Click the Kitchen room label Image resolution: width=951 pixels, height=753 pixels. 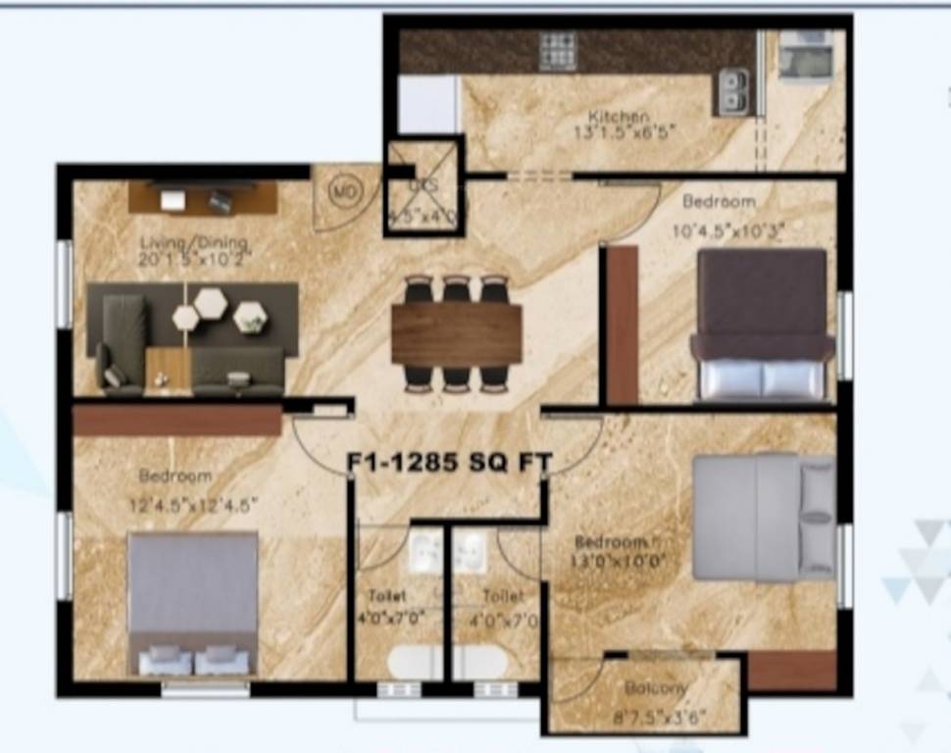tap(619, 117)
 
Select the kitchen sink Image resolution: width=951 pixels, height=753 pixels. tap(731, 92)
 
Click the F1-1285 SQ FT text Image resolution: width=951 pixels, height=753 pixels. tap(450, 462)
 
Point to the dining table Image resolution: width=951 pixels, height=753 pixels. tap(456, 333)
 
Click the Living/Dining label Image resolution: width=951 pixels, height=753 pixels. tap(193, 243)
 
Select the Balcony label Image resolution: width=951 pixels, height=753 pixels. tap(655, 688)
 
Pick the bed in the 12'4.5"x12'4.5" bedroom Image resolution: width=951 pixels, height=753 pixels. tap(193, 603)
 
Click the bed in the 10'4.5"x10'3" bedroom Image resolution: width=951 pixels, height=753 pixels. tap(760, 323)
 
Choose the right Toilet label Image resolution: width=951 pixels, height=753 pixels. tap(502, 595)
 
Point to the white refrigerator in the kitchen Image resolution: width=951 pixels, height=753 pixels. tap(428, 104)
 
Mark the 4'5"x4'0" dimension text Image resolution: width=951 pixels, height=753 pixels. tap(423, 217)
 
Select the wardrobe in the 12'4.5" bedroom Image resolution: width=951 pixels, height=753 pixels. tap(177, 421)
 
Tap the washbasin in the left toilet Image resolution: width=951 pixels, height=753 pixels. tap(427, 552)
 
